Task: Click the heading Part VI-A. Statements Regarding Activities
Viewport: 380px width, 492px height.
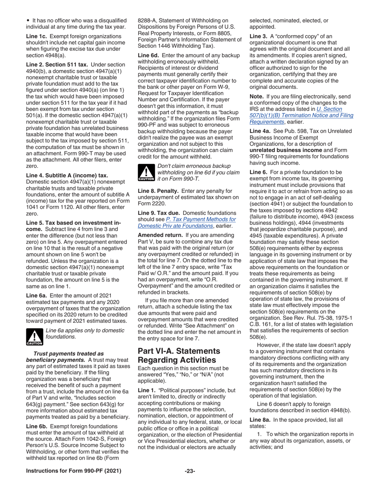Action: click(179, 355)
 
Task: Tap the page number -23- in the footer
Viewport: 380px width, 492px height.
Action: click(190, 471)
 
